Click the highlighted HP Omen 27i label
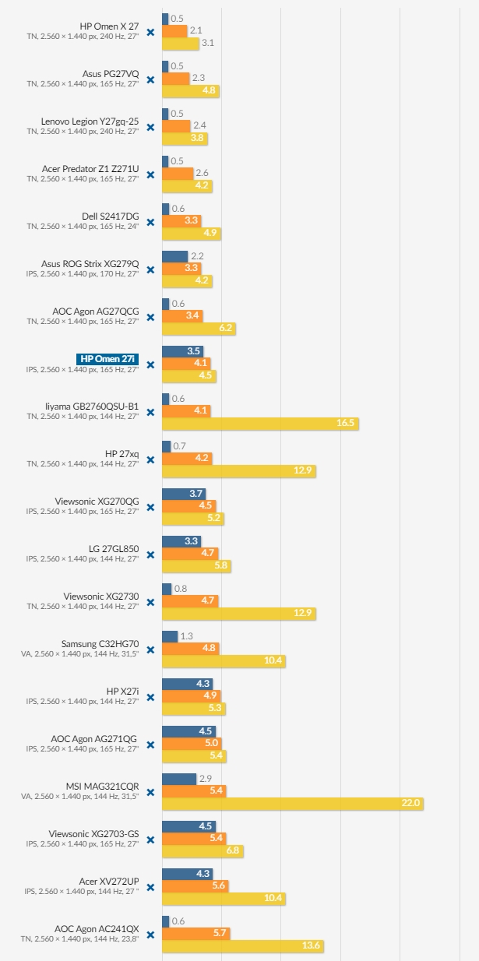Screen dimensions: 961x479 [x=107, y=359]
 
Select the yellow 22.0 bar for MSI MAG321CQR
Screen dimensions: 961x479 [x=292, y=803]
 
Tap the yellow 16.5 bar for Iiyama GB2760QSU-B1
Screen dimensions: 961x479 [x=260, y=423]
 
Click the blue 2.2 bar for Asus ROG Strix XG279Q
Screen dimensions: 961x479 [x=174, y=256]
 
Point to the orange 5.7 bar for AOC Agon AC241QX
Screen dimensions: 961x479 [x=195, y=933]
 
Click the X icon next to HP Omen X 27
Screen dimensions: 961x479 [x=150, y=32]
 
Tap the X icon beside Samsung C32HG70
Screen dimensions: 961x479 [x=150, y=649]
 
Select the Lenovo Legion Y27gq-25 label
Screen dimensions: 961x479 [x=90, y=121]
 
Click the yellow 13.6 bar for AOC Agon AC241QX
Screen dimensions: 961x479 [x=242, y=945]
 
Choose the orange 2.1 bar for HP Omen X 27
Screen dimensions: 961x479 [x=174, y=30]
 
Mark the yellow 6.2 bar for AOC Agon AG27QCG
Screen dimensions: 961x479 [x=199, y=328]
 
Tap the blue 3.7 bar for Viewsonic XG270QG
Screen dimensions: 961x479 [x=184, y=494]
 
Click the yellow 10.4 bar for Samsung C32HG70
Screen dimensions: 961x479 [x=224, y=660]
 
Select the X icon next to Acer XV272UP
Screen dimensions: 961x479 [x=150, y=887]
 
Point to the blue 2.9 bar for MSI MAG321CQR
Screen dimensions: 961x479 [x=179, y=779]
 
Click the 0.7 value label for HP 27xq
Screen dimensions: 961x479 [x=180, y=446]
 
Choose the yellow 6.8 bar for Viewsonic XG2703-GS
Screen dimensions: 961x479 [x=203, y=850]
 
